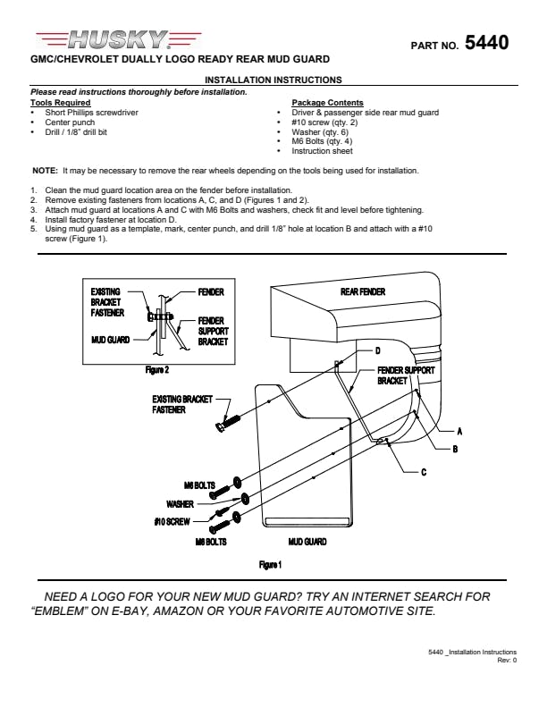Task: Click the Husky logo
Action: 118,39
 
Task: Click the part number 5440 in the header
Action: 486,43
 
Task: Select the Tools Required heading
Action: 61,103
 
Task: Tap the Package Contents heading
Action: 327,103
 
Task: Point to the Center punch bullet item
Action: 70,122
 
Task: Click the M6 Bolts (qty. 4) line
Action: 322,141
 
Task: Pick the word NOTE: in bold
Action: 45,171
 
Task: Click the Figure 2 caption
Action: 157,370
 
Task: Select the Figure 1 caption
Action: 270,564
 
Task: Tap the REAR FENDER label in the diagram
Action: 363,291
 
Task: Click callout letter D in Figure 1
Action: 378,350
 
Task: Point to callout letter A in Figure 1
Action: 459,431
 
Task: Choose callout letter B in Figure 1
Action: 455,449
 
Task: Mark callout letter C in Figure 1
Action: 424,472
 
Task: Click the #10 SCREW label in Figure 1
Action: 172,521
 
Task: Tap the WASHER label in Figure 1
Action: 180,504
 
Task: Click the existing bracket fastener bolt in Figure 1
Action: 229,424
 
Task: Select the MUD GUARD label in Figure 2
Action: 111,340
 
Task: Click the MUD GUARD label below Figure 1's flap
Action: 307,542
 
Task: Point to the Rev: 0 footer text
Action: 507,660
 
